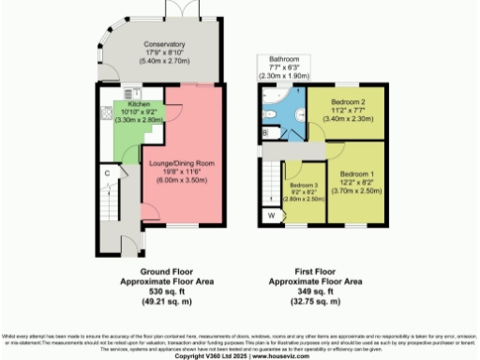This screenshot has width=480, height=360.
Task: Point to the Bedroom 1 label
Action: pos(357,175)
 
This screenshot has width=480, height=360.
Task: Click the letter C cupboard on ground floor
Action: pos(109,172)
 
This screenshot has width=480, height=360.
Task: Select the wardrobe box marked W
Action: pos(271,216)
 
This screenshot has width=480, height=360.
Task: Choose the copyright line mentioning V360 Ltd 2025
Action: pos(239,355)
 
